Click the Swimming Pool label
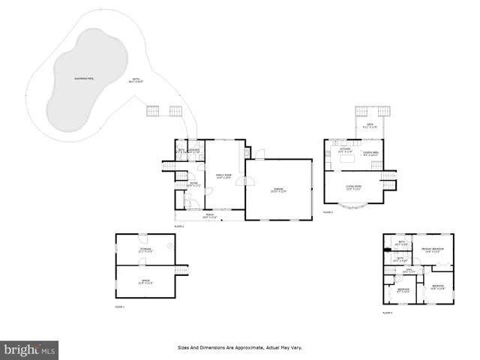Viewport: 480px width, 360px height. (84, 79)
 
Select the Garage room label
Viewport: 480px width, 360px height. (279, 190)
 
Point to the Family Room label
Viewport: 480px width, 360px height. (223, 175)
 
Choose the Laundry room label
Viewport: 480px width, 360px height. (193, 150)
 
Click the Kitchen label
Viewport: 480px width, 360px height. (346, 150)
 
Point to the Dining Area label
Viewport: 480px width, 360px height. (370, 154)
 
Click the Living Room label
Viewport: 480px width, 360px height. (354, 187)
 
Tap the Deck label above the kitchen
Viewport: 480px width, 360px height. (369, 125)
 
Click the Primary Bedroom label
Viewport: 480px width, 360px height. (433, 250)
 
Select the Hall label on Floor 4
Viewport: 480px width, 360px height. (409, 269)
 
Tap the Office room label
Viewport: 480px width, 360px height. (145, 282)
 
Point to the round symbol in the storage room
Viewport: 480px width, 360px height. (170, 246)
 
